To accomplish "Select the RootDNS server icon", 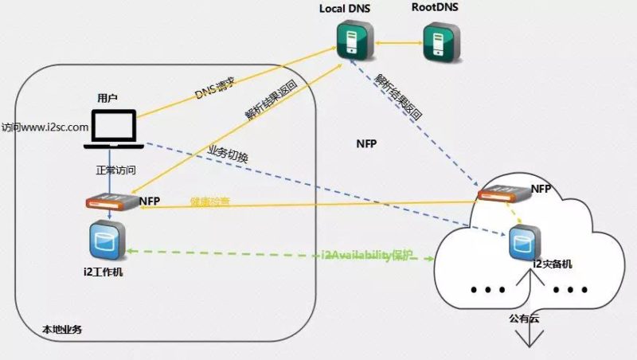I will pos(440,41).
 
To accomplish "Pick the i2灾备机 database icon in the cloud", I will pos(522,242).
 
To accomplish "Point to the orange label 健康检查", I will pos(210,202).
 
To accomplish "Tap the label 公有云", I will pos(524,317).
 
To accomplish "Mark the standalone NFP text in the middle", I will pos(367,144).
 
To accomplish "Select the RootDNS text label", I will pos(435,8).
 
